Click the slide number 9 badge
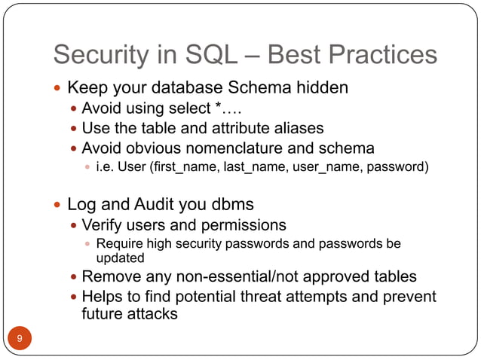[20, 338]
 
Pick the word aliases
[297, 127]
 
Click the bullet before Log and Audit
[58, 205]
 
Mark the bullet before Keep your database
[58, 88]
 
